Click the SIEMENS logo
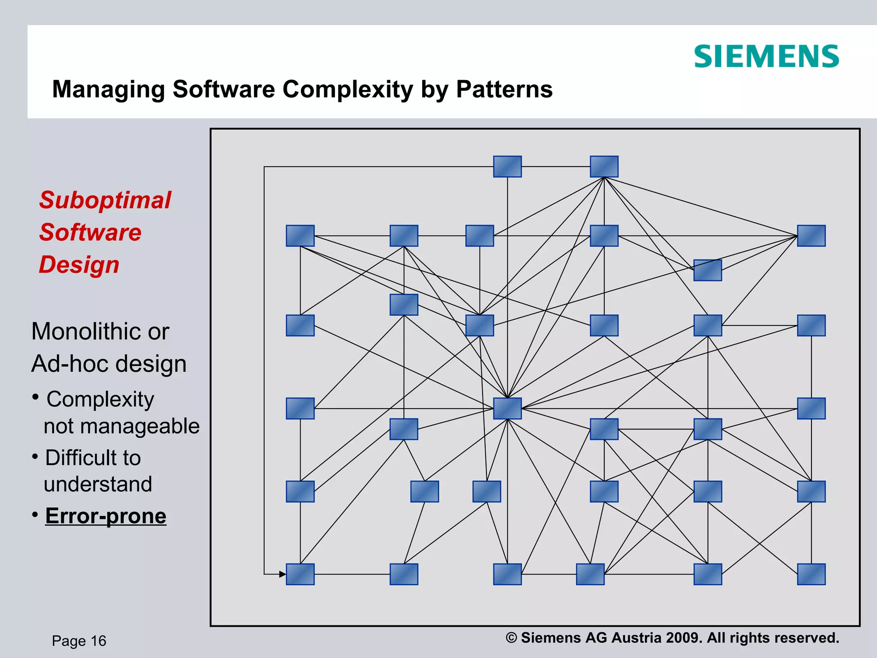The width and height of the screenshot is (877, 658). click(x=766, y=57)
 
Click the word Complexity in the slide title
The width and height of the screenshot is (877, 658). click(x=347, y=89)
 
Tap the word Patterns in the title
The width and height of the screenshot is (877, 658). click(x=504, y=89)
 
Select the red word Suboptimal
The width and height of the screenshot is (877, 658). click(x=105, y=200)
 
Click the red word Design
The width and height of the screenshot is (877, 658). click(x=79, y=264)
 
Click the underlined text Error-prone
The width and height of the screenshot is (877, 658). click(x=106, y=515)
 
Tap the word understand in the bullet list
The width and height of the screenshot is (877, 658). click(x=98, y=484)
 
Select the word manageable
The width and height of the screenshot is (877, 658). click(x=122, y=426)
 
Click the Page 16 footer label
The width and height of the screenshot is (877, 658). click(x=79, y=641)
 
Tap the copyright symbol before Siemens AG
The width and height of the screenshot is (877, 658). click(x=511, y=638)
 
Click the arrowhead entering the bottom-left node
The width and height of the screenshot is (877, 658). click(x=282, y=574)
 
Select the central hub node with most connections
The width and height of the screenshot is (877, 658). click(x=507, y=408)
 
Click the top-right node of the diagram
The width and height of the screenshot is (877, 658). click(x=811, y=236)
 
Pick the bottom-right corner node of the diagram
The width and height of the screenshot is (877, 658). click(x=811, y=574)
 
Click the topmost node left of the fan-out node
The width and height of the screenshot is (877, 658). click(x=507, y=166)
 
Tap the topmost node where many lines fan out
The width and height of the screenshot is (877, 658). click(x=604, y=166)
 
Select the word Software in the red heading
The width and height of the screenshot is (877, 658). click(x=90, y=232)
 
